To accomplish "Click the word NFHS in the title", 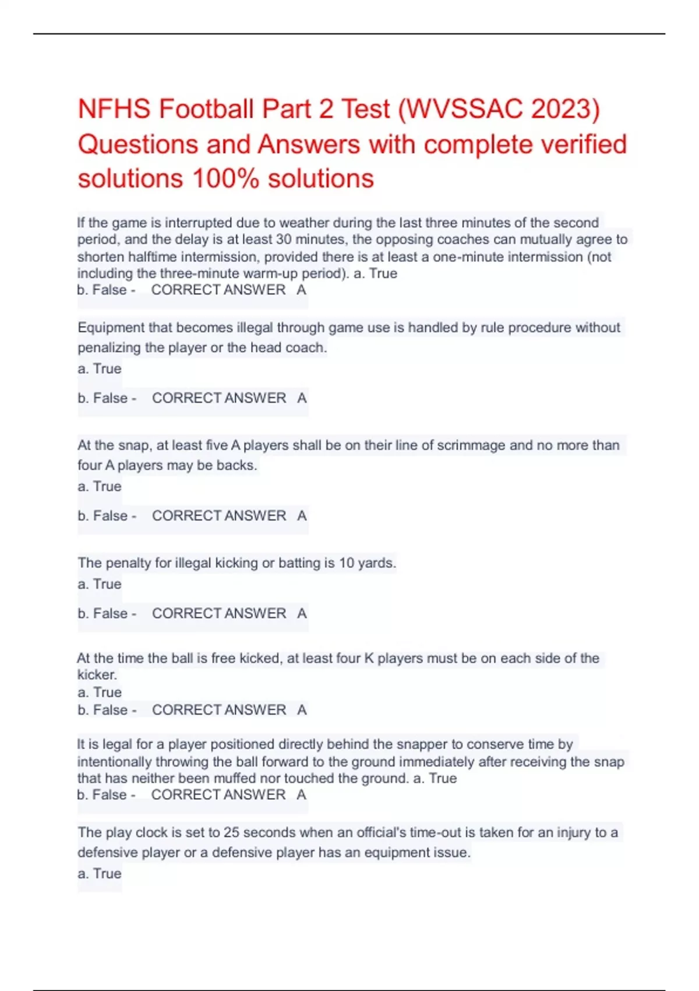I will (x=114, y=110).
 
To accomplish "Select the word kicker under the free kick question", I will (x=97, y=675).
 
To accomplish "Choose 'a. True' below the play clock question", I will (x=99, y=874).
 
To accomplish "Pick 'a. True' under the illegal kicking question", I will (x=99, y=584).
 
